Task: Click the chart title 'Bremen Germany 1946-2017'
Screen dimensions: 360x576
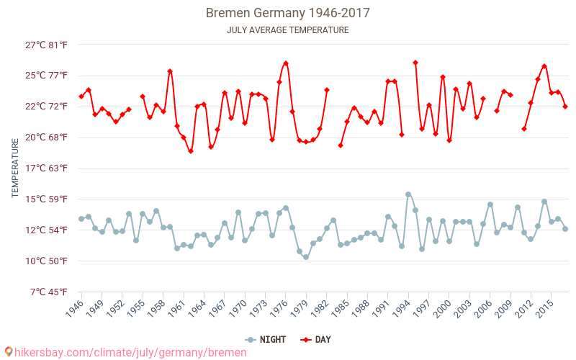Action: (x=288, y=13)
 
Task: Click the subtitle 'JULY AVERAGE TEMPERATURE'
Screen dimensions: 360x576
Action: (x=288, y=30)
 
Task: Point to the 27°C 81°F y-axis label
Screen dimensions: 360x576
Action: (x=47, y=45)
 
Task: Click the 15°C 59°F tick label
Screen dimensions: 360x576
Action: (x=47, y=199)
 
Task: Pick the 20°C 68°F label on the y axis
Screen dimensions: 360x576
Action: (x=47, y=138)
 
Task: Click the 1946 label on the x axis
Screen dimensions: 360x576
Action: (x=73, y=309)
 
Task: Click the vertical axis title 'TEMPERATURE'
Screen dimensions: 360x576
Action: (x=15, y=168)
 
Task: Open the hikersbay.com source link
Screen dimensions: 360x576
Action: (x=130, y=352)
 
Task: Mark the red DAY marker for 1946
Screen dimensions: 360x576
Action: (x=81, y=96)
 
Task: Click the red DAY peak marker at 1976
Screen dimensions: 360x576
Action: (x=286, y=63)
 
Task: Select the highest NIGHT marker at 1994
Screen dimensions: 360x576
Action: (x=408, y=194)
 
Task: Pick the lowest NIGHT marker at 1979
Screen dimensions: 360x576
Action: (x=306, y=257)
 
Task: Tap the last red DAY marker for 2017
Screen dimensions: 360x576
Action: (x=565, y=107)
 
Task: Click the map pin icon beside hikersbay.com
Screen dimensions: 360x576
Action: (x=8, y=352)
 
